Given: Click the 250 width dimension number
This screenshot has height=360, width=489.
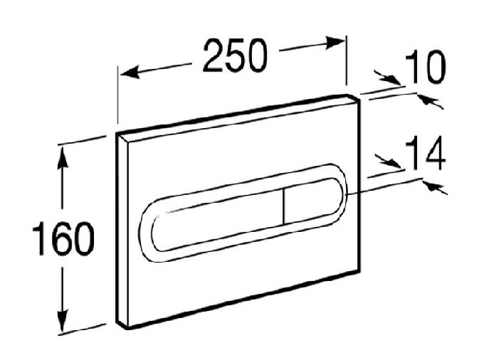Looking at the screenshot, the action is tap(235, 55).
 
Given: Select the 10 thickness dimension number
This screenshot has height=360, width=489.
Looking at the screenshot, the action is tap(426, 67).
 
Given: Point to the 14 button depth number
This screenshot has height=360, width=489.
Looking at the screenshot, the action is tap(426, 153).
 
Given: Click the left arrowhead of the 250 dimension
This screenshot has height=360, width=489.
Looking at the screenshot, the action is tap(130, 73).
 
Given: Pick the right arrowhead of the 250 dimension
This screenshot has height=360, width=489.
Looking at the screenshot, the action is tap(335, 43).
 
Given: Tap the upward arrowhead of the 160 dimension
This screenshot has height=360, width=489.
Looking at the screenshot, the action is tap(63, 157).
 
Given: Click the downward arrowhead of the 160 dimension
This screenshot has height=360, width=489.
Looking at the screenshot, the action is tap(63, 321).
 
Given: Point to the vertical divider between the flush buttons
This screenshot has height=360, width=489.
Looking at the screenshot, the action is tap(284, 206).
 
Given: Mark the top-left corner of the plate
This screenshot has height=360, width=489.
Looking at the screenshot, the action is tap(117, 133).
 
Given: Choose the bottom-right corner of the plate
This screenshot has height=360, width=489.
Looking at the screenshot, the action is tap(360, 270).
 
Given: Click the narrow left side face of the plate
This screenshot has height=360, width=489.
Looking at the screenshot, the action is tap(123, 231).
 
